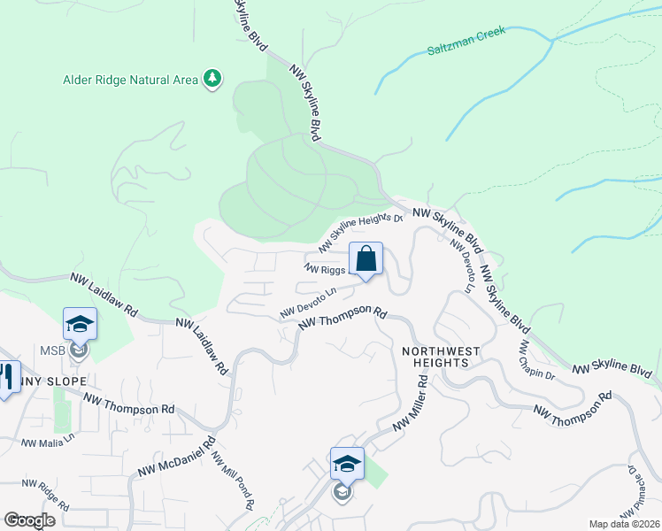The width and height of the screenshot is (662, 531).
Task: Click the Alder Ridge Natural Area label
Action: (130, 80)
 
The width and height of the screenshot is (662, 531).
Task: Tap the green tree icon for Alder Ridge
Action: (212, 80)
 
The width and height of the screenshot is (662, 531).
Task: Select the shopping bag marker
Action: (366, 260)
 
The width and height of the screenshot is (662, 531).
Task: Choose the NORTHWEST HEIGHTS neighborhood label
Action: (441, 358)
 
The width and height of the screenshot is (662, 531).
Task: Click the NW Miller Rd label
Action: (410, 405)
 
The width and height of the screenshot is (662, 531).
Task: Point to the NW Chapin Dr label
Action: (536, 362)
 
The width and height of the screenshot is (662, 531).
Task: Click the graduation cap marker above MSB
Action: (80, 324)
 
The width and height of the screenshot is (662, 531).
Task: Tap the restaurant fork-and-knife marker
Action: (7, 378)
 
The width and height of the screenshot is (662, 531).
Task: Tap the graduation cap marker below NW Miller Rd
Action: (347, 464)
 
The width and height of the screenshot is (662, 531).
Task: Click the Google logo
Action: (29, 520)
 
